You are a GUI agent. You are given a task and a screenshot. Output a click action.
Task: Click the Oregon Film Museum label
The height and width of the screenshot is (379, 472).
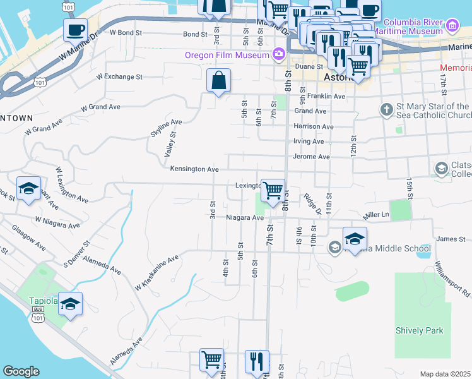pyautogui.click(x=227, y=54)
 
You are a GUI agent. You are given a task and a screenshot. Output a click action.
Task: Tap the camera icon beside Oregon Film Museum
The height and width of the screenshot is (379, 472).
pyautogui.click(x=278, y=54)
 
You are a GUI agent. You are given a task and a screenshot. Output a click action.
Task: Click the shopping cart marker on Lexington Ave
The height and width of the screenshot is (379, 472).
pyautogui.click(x=273, y=189)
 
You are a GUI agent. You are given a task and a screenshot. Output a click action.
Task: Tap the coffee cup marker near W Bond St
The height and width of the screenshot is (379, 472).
pyautogui.click(x=75, y=29)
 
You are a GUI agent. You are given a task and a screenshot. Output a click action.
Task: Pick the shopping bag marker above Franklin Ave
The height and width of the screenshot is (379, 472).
pyautogui.click(x=218, y=81)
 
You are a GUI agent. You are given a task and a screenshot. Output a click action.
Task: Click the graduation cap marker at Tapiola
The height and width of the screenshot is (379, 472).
pyautogui.click(x=71, y=304)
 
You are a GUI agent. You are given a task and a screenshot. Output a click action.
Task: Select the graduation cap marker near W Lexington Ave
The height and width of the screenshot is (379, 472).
pyautogui.click(x=28, y=188)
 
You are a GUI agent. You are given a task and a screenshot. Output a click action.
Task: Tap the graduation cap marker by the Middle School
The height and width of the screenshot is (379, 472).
pyautogui.click(x=355, y=239)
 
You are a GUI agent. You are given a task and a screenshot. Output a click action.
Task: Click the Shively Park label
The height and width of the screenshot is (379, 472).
pyautogui.click(x=420, y=330)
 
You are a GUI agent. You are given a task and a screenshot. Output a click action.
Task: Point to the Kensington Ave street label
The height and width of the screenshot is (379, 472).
pyautogui.click(x=194, y=169)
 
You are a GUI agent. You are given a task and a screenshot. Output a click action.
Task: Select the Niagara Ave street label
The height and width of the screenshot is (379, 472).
pyautogui.click(x=245, y=218)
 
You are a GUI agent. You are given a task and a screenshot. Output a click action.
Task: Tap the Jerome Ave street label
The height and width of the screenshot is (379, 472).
pyautogui.click(x=312, y=157)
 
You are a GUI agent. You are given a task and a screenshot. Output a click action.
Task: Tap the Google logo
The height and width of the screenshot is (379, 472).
pyautogui.click(x=21, y=371)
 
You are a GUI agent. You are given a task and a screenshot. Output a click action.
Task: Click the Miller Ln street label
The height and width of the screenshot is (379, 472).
pyautogui.click(x=377, y=215)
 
